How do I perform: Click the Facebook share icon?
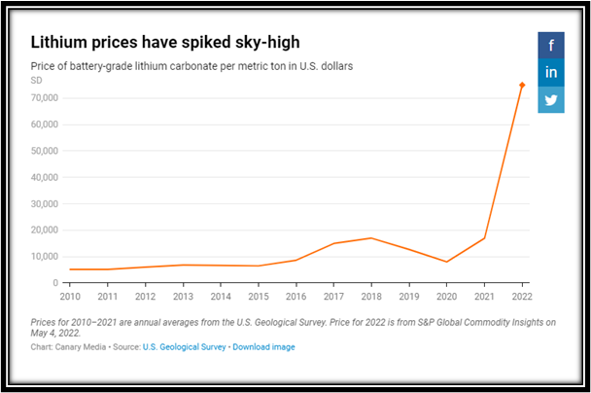point(551,45)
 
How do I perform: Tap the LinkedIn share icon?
point(551,72)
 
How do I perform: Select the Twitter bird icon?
point(551,100)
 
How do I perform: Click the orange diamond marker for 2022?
point(522,86)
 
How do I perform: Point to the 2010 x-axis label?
point(69,296)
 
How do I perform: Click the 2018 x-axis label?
point(371,296)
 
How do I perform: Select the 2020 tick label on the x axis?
point(447,296)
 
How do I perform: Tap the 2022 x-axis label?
point(522,296)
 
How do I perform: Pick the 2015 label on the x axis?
point(258,296)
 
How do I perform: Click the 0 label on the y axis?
point(55,283)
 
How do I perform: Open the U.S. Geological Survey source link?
point(185,346)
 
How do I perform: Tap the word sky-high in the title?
point(265,44)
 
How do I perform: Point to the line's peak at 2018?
point(371,238)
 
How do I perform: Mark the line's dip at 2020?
point(447,262)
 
